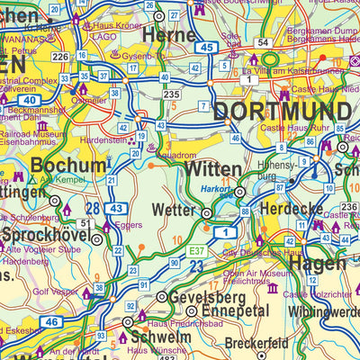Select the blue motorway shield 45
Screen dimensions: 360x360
(207, 47)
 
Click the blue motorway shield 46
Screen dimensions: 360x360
(53, 321)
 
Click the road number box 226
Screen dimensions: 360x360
(60, 58)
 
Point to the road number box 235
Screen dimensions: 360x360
(171, 93)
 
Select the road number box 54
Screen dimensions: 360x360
(262, 43)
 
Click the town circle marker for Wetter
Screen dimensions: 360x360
(206, 214)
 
